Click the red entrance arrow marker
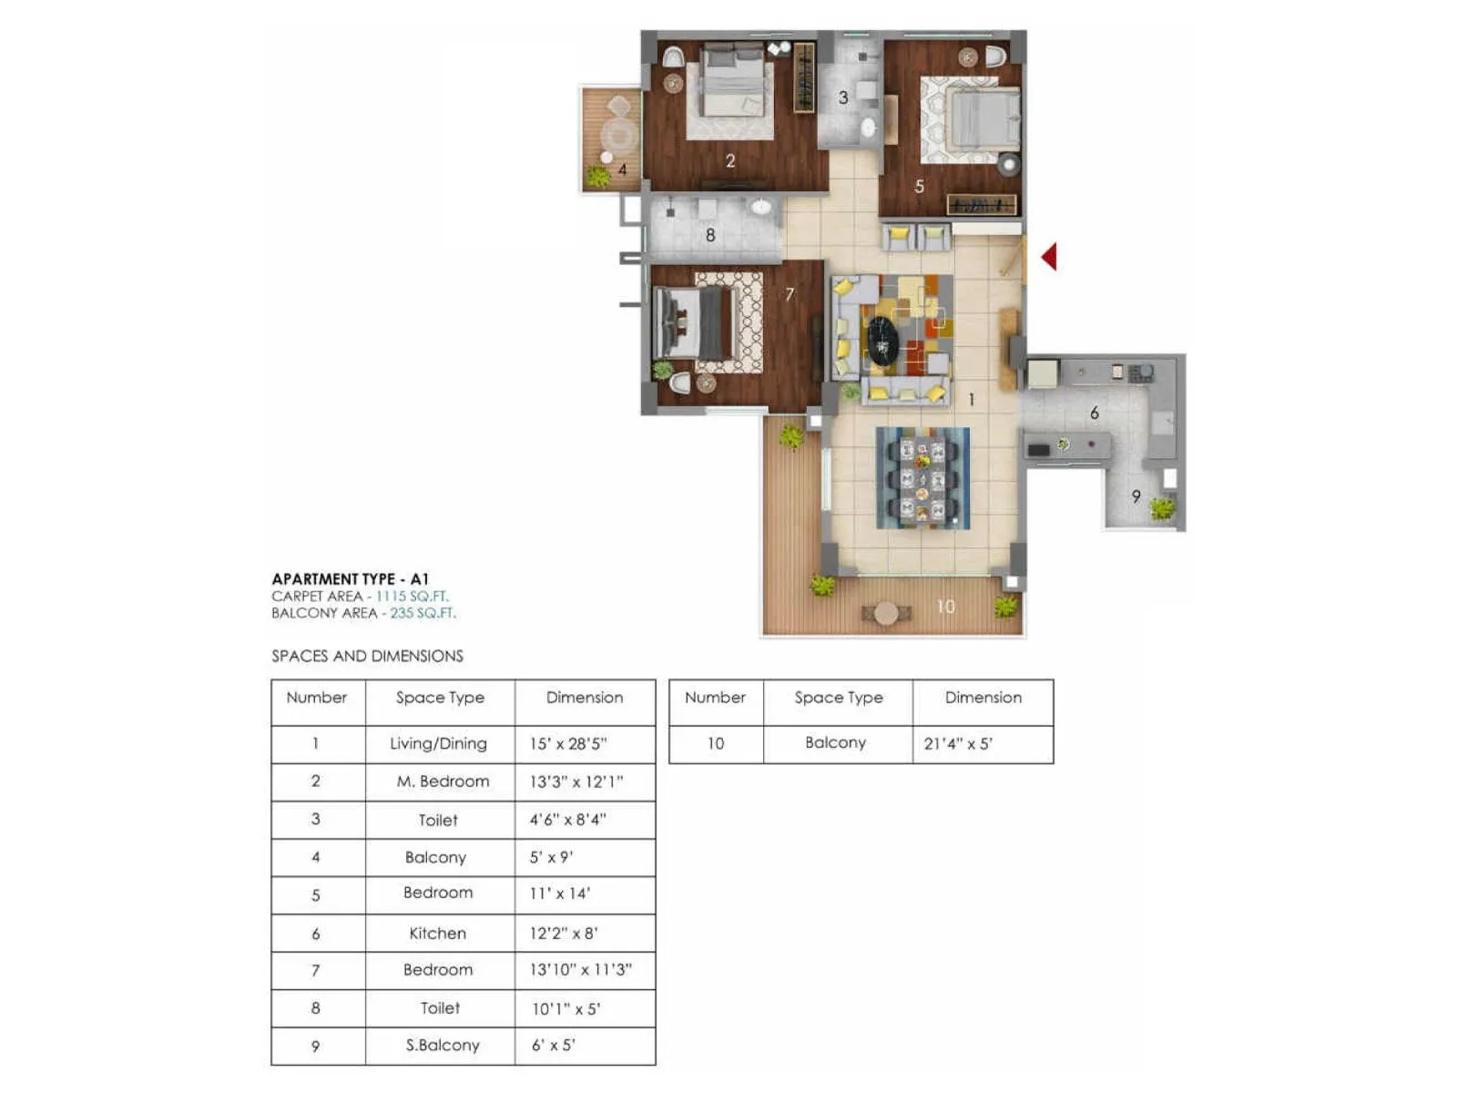tap(1050, 257)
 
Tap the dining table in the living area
tap(922, 478)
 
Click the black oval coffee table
tap(881, 342)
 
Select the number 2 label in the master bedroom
tap(730, 161)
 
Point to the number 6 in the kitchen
tap(1095, 414)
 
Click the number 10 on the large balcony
tap(946, 607)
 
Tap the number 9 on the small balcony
tap(1136, 496)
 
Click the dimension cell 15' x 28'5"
tap(568, 744)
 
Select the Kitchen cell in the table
tap(438, 933)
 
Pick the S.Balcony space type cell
tap(443, 1046)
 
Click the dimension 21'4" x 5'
tap(958, 744)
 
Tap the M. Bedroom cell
tap(443, 781)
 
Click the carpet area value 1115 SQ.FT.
tap(413, 597)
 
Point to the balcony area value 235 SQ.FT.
tap(423, 613)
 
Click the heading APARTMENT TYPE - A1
tap(350, 579)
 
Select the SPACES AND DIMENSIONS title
tap(367, 656)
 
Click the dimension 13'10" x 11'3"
tap(581, 970)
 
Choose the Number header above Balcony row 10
tap(715, 698)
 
